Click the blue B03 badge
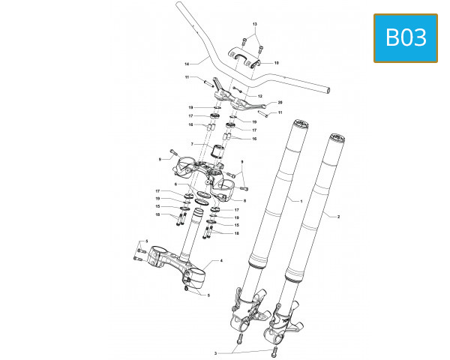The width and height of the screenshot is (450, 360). [x=405, y=37]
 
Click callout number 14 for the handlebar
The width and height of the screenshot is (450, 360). [x=186, y=62]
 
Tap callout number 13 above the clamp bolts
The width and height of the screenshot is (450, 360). [x=254, y=25]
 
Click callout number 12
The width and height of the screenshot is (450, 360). [x=259, y=97]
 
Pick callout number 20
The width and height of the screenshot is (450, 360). [x=280, y=102]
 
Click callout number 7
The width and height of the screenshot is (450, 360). [x=192, y=144]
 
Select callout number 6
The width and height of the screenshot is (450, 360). [x=176, y=184]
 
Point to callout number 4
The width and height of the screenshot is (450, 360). [x=221, y=260]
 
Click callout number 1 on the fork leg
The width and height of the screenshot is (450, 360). [x=301, y=201]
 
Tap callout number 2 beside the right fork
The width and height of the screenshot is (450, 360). [x=339, y=216]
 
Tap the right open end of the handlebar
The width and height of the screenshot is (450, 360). [x=327, y=89]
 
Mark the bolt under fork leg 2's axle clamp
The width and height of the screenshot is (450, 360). [x=274, y=349]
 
